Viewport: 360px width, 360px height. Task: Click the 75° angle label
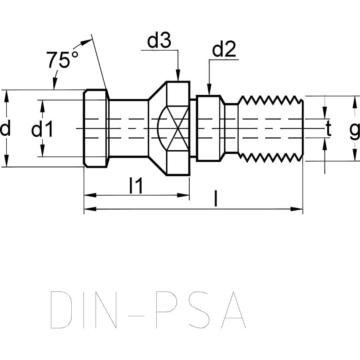point(62,60)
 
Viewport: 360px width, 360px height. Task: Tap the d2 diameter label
point(223,50)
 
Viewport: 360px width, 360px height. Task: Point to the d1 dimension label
point(42,129)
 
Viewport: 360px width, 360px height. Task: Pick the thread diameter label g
point(355,130)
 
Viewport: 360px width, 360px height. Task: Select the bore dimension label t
point(328,129)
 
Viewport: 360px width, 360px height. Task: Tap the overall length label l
point(215,199)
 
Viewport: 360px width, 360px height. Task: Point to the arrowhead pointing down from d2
point(209,90)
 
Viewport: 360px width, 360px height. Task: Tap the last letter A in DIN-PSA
point(230,310)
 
